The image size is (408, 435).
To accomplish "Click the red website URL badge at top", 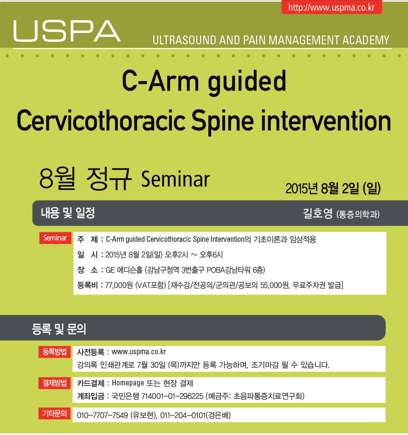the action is click(331, 7).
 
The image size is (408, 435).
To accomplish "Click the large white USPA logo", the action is click(67, 31).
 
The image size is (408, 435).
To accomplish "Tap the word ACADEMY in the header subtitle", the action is click(366, 40).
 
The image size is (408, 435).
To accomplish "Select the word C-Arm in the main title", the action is click(160, 81).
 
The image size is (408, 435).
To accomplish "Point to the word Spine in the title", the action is click(222, 121).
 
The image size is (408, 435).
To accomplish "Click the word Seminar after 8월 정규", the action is click(175, 179).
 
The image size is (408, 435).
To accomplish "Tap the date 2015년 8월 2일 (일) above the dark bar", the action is click(333, 188).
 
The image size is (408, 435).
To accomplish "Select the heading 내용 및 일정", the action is click(68, 213).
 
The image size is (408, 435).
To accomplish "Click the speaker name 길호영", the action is click(318, 213).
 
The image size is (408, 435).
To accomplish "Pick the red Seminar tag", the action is click(55, 238).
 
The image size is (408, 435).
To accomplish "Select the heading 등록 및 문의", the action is click(59, 329).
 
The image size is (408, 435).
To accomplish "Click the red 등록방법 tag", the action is click(54, 352).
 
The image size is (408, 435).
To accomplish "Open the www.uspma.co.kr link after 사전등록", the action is click(139, 352).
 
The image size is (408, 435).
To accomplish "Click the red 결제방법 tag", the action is click(54, 383).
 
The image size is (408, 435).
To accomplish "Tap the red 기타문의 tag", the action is click(54, 413).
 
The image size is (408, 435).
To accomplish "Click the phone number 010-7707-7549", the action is click(102, 415).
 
